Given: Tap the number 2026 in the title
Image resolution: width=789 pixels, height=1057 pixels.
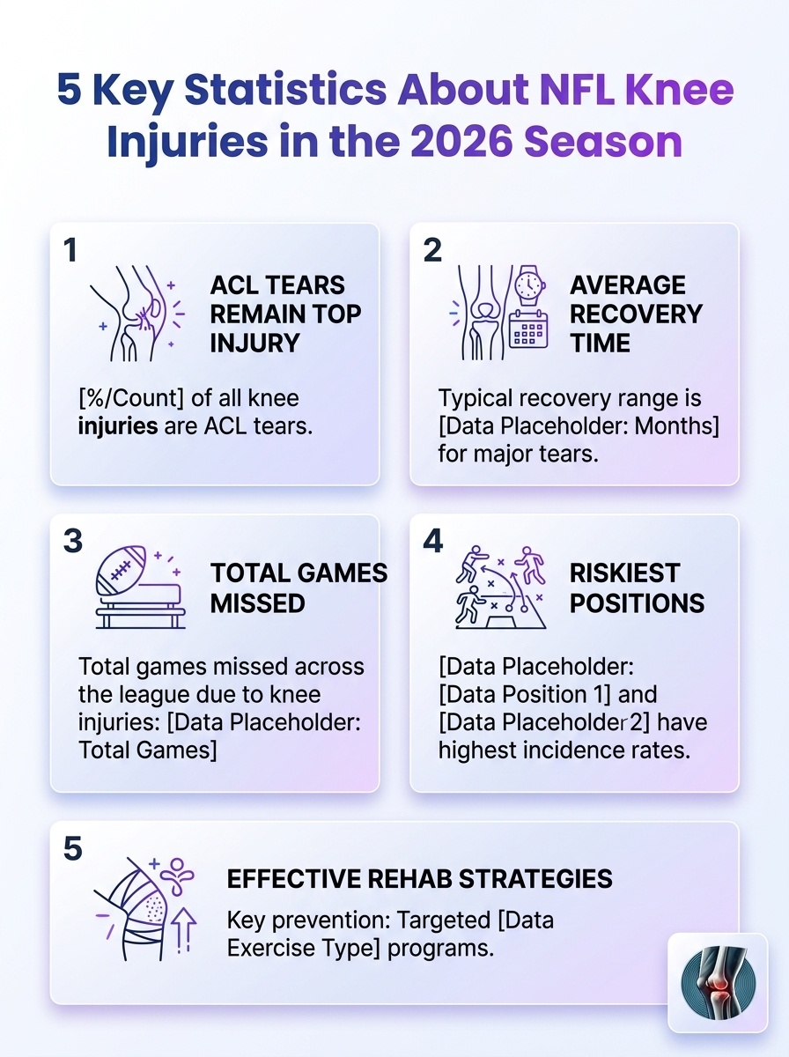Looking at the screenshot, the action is [x=461, y=141].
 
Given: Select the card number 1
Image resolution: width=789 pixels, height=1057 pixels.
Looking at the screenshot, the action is [x=70, y=250].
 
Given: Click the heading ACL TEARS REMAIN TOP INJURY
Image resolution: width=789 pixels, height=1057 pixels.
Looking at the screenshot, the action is [x=285, y=314].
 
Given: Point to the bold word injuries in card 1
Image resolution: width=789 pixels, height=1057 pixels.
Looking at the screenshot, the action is [x=118, y=426].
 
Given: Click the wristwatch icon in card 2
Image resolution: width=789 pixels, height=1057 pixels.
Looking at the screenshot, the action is [x=529, y=285].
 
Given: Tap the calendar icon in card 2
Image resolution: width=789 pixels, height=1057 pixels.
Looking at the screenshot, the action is [x=528, y=329].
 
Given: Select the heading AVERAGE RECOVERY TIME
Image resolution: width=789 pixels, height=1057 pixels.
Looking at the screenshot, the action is [x=637, y=314].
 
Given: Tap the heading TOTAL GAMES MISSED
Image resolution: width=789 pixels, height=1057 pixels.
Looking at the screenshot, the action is [x=299, y=588].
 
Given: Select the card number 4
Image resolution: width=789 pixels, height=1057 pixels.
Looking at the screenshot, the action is [x=432, y=541].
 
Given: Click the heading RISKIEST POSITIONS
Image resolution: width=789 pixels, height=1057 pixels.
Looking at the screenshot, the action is [x=637, y=588].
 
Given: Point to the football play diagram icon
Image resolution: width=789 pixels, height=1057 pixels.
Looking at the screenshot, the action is [x=501, y=587].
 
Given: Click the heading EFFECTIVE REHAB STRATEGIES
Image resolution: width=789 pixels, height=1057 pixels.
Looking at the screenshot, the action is [x=420, y=879].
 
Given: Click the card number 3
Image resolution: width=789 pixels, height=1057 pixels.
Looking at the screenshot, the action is [x=73, y=541].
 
